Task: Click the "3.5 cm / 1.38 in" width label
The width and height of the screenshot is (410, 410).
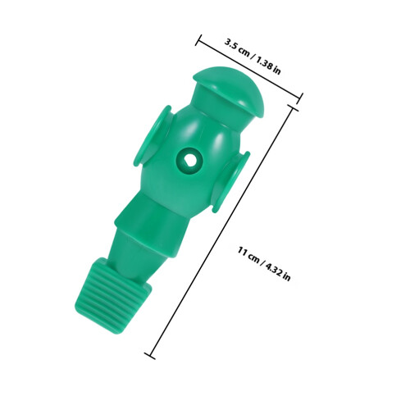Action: (253, 57)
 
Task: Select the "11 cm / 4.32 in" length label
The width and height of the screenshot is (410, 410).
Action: (264, 264)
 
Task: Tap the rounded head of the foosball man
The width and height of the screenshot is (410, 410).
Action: (229, 90)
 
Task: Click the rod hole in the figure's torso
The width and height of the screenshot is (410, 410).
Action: (189, 158)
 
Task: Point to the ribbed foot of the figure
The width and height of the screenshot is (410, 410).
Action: (112, 297)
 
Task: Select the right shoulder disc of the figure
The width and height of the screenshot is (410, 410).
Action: (231, 182)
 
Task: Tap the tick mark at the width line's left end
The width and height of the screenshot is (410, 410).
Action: (198, 40)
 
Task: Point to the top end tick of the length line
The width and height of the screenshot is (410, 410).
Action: (292, 107)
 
